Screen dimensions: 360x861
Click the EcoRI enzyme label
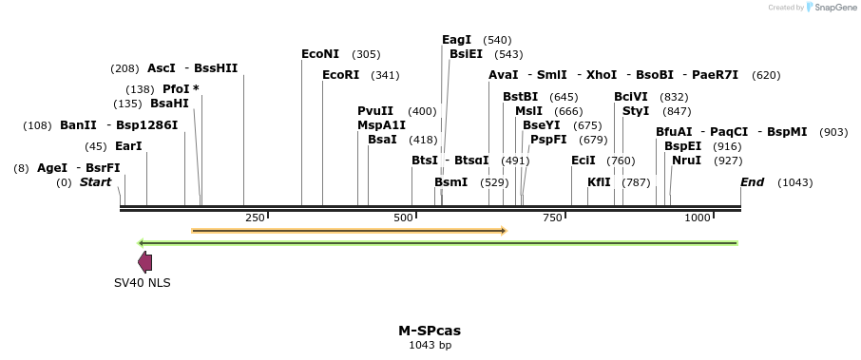pos(341,75)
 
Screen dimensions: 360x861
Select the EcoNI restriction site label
pos(320,54)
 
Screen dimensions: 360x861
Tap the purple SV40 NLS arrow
pos(144,262)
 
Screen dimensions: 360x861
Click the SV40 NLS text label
pos(143,282)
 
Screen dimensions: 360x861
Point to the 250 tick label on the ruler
pos(255,218)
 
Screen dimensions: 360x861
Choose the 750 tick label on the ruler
pos(552,218)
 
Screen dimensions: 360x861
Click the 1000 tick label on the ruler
pos(698,218)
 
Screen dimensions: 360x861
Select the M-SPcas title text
pos(430,331)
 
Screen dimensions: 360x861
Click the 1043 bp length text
pos(430,345)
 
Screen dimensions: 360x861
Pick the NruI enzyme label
pos(686,161)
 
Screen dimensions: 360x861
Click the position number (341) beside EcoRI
pos(385,75)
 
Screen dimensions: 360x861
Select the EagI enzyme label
pos(456,40)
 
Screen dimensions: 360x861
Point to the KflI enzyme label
pos(599,181)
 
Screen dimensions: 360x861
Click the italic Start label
pos(95,181)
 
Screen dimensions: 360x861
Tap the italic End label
pos(752,181)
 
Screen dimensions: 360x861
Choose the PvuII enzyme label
pos(375,111)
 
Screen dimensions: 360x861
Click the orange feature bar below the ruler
pos(349,230)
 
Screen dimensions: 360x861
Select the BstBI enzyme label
pos(520,97)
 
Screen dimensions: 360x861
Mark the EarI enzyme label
pos(127,146)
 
